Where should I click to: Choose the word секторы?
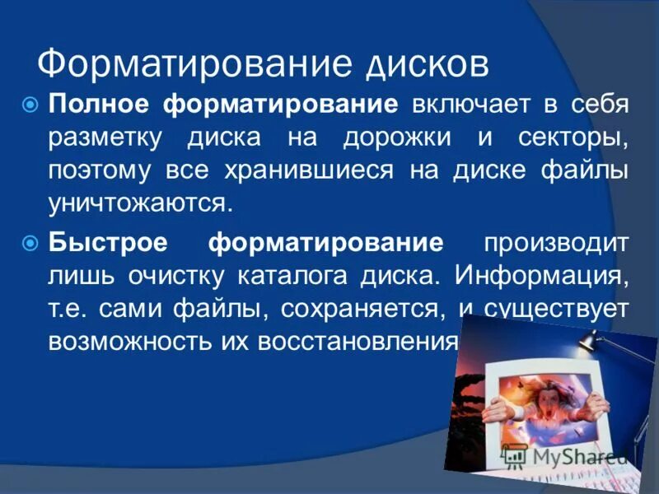tap(576, 137)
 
